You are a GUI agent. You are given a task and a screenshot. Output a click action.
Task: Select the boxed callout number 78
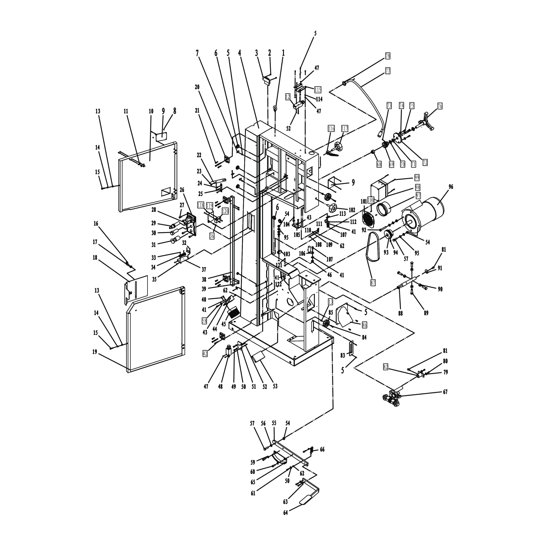pos(388,56)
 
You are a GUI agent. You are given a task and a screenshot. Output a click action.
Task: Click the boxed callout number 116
pos(331,129)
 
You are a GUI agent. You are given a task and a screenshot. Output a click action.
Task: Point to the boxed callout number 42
pos(205,353)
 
